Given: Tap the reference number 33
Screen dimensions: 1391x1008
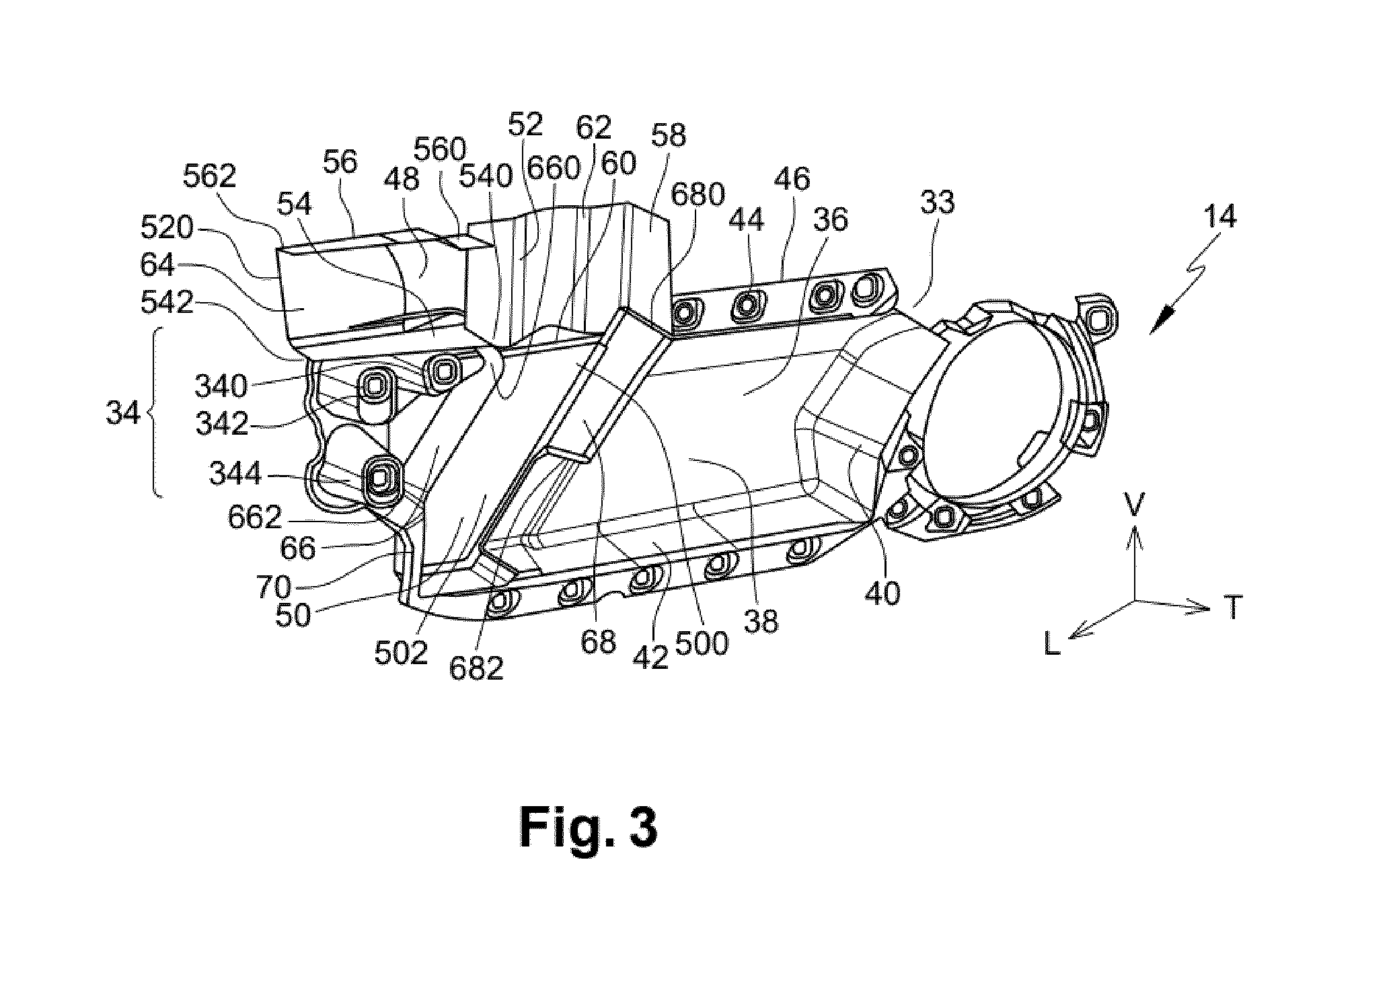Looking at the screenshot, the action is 937,202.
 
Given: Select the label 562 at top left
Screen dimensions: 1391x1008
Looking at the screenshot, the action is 210,176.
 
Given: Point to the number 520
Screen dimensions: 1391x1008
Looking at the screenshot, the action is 167,229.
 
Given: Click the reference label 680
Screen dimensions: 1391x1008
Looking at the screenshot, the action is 698,194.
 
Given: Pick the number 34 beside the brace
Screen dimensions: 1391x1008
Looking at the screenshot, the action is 124,412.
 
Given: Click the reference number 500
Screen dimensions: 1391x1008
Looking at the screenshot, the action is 701,644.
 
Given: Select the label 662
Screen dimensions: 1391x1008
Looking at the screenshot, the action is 254,517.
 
